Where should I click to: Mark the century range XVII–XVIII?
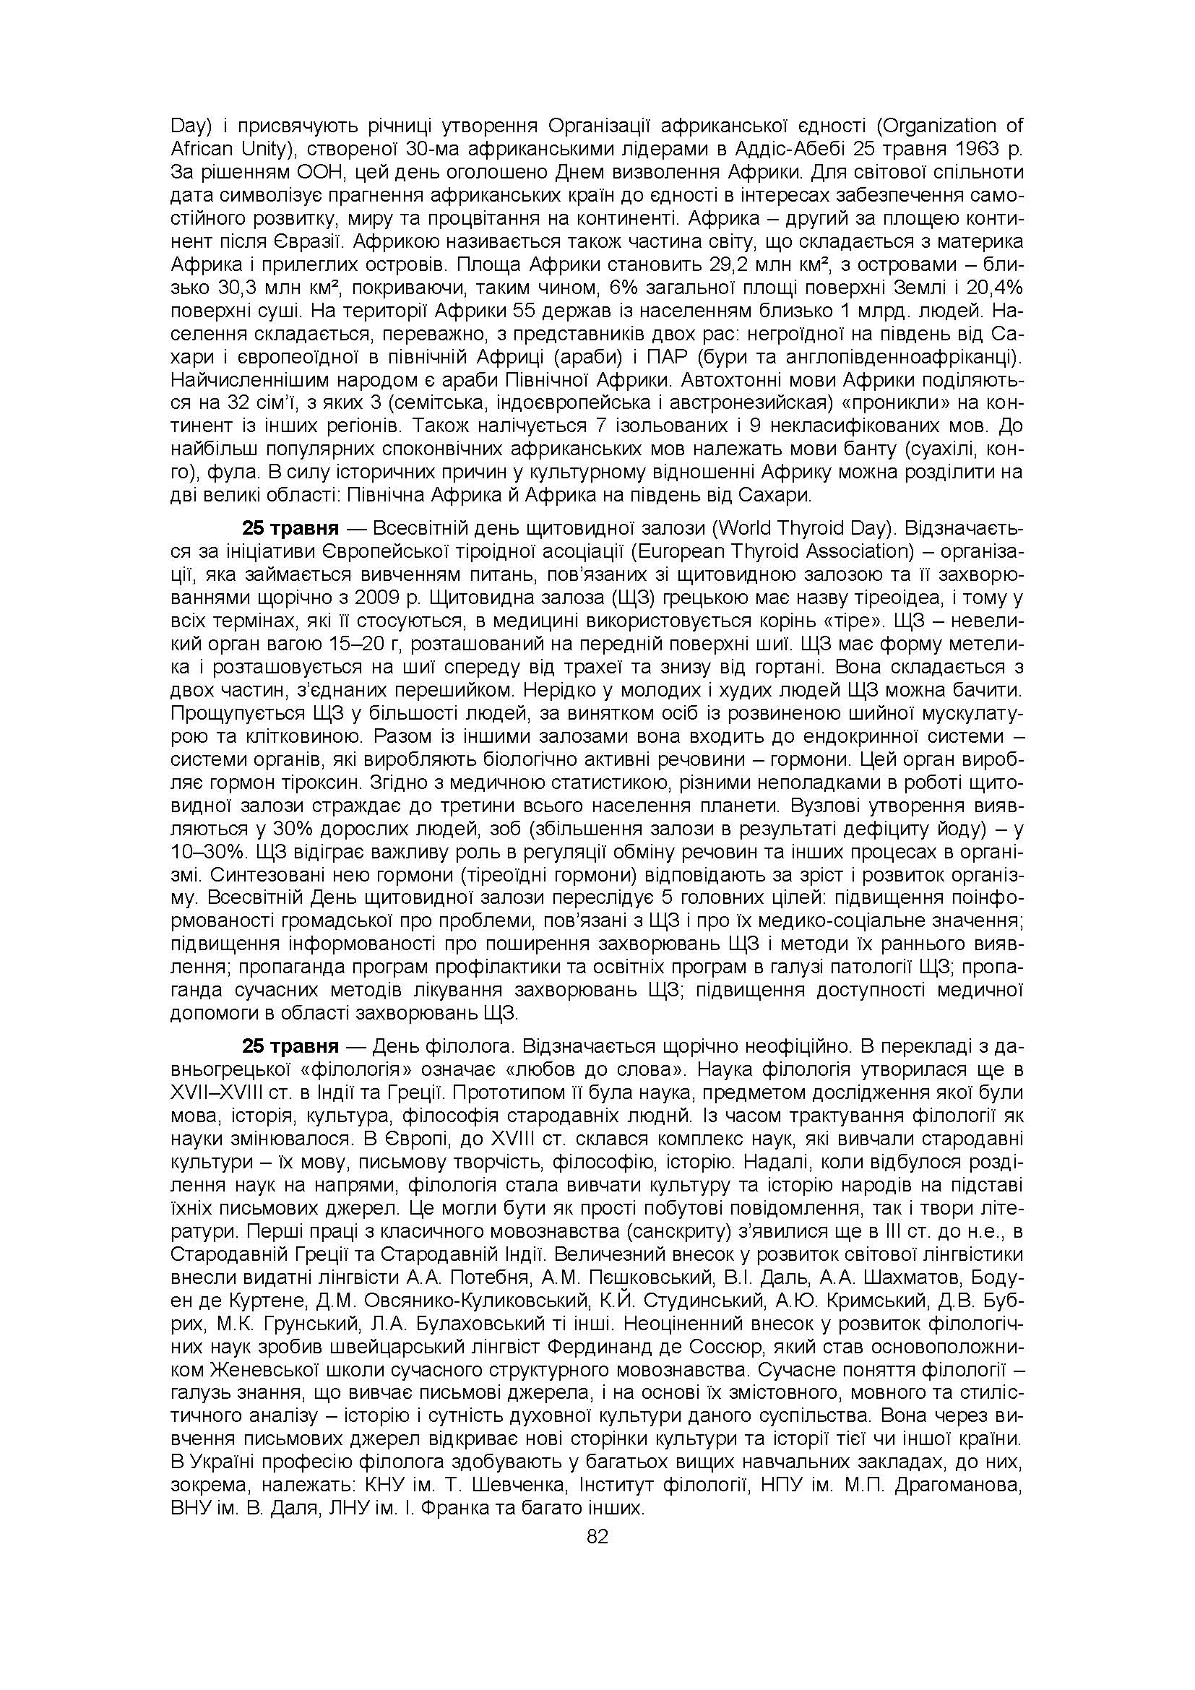[x=218, y=1092]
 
